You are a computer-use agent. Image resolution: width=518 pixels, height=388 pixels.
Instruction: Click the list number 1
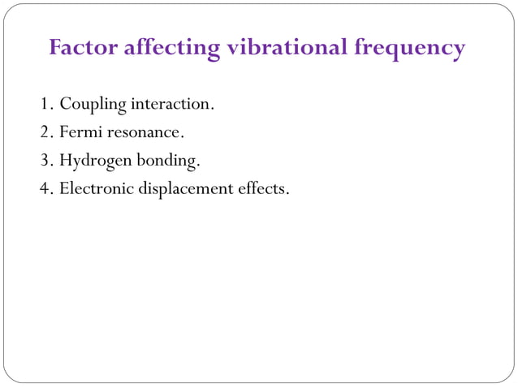point(45,105)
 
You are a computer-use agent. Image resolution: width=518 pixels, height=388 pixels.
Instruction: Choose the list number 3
point(45,161)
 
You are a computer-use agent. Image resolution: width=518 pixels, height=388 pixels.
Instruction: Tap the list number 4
point(45,189)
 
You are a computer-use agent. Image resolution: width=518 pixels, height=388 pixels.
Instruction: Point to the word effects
point(263,189)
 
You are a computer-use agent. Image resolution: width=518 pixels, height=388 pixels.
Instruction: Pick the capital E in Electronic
point(64,189)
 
